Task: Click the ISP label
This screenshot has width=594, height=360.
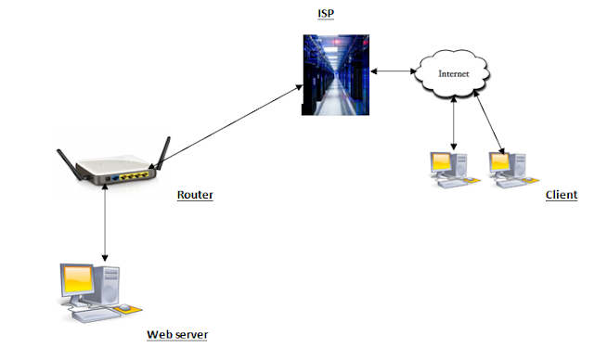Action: [326, 14]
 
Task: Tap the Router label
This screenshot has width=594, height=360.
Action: [195, 195]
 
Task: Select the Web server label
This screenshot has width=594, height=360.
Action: [177, 335]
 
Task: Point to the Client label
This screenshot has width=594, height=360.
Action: [562, 195]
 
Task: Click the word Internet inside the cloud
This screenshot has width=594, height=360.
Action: [454, 74]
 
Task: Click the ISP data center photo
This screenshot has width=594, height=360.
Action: [336, 75]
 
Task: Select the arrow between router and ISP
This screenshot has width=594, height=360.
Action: [226, 127]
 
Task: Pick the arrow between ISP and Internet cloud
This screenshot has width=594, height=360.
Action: [394, 71]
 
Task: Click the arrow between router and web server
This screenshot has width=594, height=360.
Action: [105, 222]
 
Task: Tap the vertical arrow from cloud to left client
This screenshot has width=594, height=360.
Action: [454, 123]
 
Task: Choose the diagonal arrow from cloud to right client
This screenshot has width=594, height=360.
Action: [489, 123]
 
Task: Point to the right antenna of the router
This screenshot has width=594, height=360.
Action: [163, 153]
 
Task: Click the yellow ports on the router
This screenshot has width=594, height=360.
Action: [134, 175]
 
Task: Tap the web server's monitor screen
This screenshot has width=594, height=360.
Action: [78, 279]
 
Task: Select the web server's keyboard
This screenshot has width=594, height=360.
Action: [92, 315]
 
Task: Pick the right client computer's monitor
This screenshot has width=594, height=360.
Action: [500, 162]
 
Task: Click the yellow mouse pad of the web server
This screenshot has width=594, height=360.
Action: [128, 309]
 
